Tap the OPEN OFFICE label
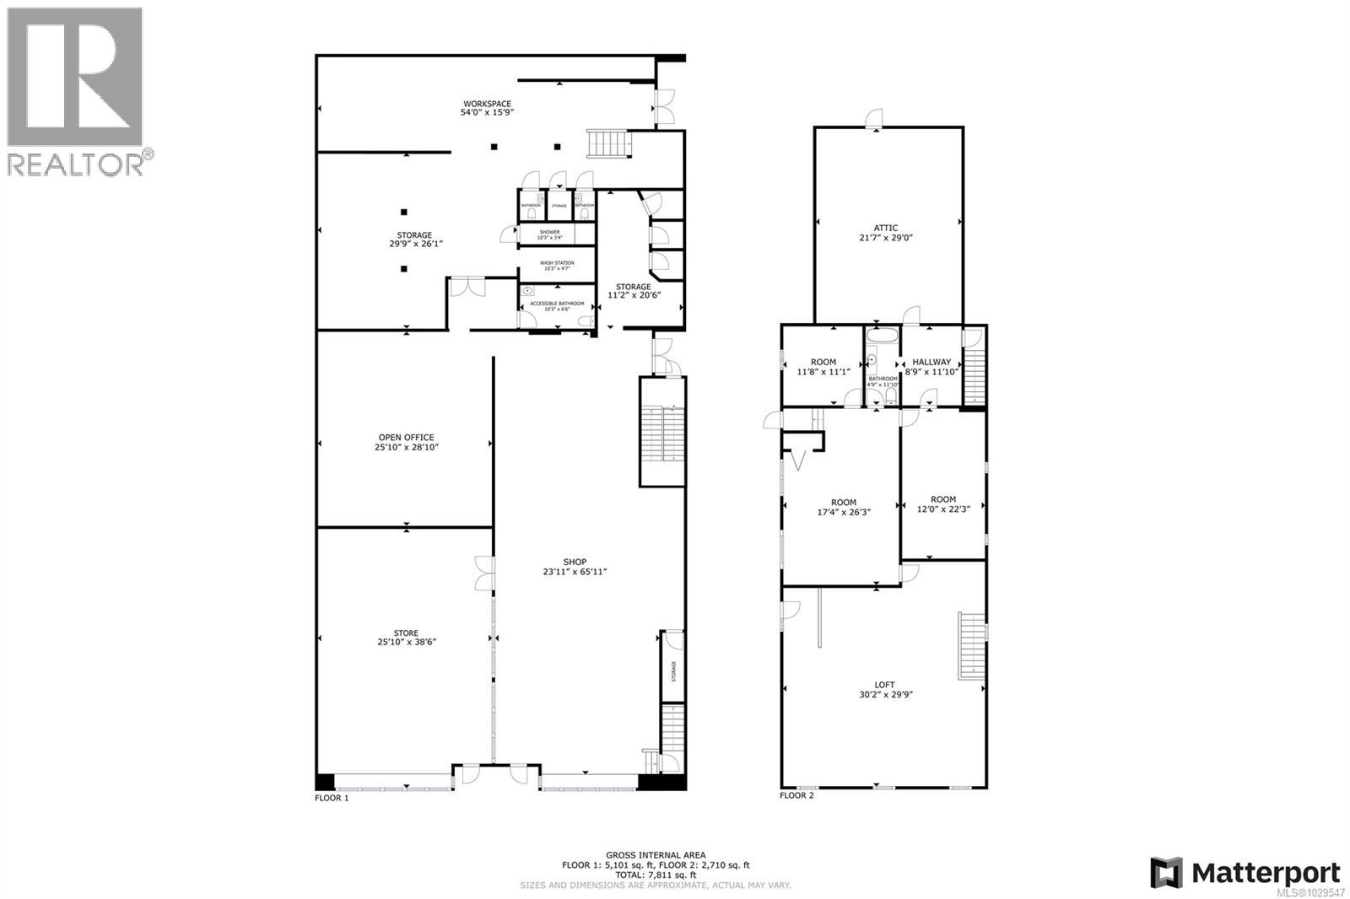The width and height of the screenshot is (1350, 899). (x=406, y=437)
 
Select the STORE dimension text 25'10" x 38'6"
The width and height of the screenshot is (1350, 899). (x=406, y=642)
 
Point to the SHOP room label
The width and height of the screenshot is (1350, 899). (x=575, y=562)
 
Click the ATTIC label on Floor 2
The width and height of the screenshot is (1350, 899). (x=885, y=228)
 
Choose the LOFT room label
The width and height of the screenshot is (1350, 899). (x=884, y=685)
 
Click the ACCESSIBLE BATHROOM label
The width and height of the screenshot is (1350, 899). (x=557, y=303)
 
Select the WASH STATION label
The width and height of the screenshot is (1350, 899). (x=557, y=263)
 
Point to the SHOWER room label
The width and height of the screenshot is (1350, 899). (x=549, y=232)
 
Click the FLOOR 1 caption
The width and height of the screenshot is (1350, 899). (x=332, y=797)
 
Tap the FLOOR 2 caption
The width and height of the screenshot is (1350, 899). (x=796, y=795)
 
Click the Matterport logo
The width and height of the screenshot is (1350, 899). (x=1245, y=872)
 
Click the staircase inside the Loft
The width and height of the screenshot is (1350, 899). (x=972, y=644)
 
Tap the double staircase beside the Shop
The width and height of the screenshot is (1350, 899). (x=662, y=432)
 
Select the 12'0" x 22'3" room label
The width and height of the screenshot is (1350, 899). (x=943, y=503)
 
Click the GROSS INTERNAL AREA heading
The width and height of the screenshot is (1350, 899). (x=655, y=855)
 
